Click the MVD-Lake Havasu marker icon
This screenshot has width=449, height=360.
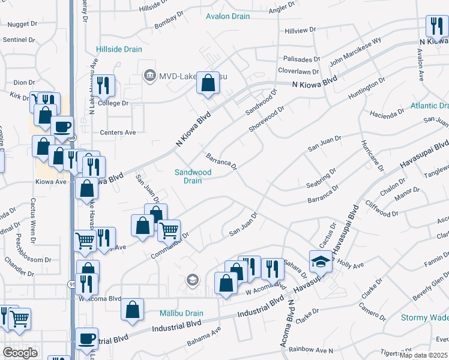[149, 76]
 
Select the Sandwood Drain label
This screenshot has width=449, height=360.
[193, 176]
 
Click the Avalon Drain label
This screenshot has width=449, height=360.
[228, 16]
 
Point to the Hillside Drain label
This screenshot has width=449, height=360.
[118, 50]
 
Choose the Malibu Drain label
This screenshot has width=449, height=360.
[181, 313]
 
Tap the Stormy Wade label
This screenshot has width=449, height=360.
[424, 317]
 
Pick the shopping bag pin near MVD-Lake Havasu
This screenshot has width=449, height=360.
[208, 85]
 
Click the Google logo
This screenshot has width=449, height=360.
[20, 353]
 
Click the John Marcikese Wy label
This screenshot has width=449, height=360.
[355, 52]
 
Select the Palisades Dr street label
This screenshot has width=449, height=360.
[303, 59]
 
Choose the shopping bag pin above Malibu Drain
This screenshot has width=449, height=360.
[132, 310]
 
